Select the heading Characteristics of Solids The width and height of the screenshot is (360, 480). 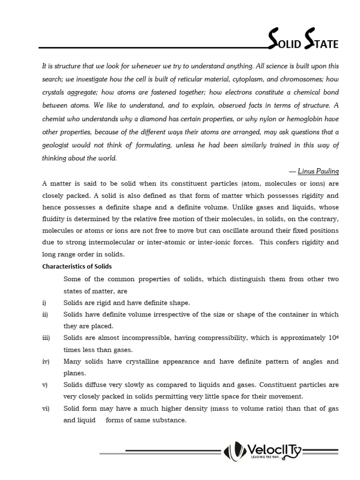pos(77,266)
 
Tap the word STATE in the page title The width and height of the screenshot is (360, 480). pos(320,44)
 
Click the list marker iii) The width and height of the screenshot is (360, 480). pos(46,338)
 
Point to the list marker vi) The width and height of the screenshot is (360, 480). pos(45,409)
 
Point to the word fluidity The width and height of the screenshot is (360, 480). pos(54,219)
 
